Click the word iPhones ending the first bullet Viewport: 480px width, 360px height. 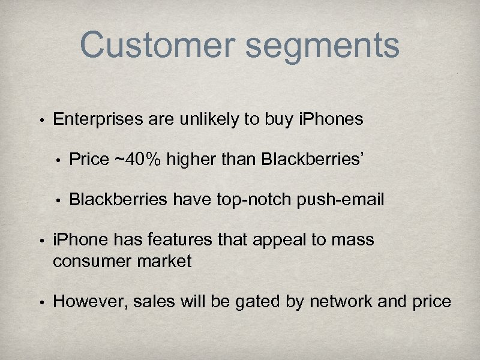click(331, 119)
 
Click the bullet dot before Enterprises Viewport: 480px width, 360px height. click(37, 120)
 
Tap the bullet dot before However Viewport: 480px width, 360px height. click(37, 302)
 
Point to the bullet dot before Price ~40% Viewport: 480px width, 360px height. click(58, 160)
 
